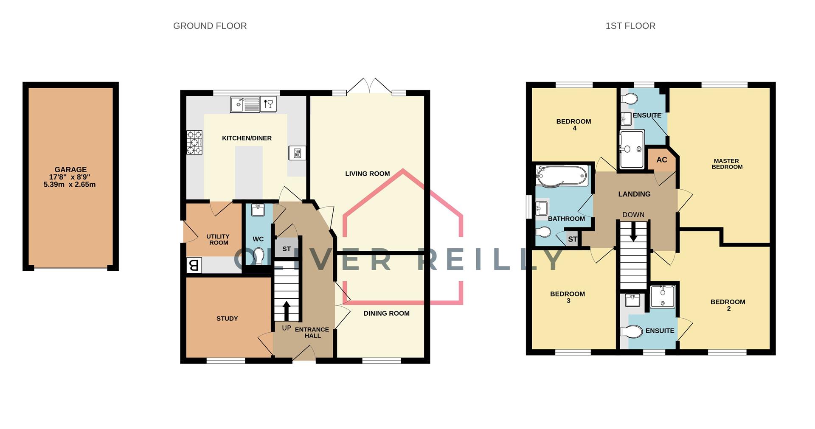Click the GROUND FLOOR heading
coord(210,26)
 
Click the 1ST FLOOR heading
coord(630,26)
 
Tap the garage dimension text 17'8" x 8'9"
coord(70,177)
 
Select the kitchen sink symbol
coord(244,104)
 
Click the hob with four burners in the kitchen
coord(194,142)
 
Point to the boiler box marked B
coord(194,266)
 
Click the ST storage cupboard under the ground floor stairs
coord(287,249)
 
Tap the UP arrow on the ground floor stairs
coord(286,311)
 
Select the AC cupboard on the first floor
coord(661,160)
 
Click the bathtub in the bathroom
coord(562,176)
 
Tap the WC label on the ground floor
coord(258,239)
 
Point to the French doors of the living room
coord(369,86)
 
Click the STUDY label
coord(227,319)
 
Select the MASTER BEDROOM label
coord(726,164)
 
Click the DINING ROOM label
coord(386,314)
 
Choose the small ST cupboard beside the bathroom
coord(572,239)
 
